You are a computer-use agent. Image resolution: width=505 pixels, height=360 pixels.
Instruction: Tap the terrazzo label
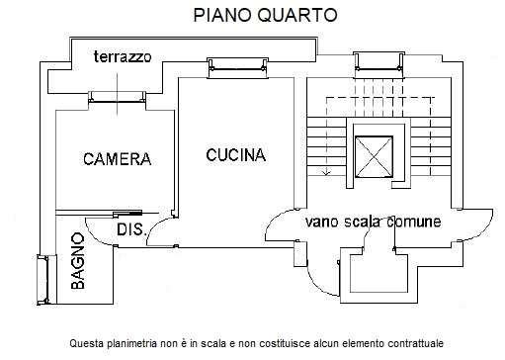[123, 56]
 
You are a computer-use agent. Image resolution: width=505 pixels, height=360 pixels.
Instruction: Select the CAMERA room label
[117, 158]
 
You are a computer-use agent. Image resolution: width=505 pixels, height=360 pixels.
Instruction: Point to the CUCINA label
[235, 154]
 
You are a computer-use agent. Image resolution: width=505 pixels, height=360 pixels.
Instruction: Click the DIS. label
[130, 229]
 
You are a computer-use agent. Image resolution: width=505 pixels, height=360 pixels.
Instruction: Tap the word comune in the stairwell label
[414, 223]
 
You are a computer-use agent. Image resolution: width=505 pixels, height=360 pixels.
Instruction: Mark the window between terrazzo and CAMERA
[116, 96]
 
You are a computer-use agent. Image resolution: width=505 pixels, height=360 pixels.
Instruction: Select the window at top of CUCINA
[236, 65]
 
